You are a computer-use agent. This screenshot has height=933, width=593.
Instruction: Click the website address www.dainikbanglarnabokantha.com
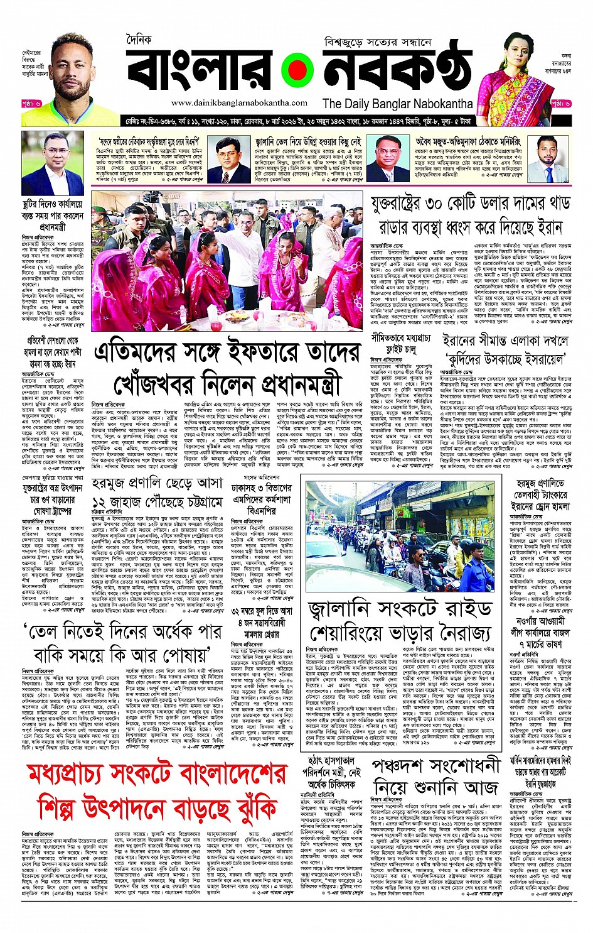click(239, 102)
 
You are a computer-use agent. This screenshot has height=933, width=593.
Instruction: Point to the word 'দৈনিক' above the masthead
click(139, 40)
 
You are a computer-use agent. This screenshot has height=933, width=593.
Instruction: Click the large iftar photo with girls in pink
click(227, 260)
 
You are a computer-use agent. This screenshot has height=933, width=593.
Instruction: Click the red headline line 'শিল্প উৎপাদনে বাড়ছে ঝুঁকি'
click(157, 807)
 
